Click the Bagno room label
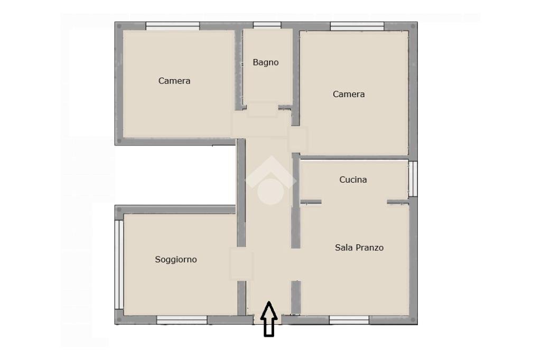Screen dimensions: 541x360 pyautogui.click(x=265, y=62)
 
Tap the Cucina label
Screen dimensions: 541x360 pyautogui.click(x=353, y=179)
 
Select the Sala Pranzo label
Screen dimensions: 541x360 pyautogui.click(x=359, y=248)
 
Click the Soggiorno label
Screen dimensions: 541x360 pyautogui.click(x=175, y=260)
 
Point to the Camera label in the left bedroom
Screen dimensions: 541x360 pyautogui.click(x=174, y=81)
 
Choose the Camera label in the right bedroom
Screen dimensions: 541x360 pyautogui.click(x=349, y=94)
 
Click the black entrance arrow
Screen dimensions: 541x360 pyautogui.click(x=269, y=319)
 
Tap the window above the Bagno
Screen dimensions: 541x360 pyautogui.click(x=267, y=25)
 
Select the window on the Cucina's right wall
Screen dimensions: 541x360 pyautogui.click(x=413, y=179)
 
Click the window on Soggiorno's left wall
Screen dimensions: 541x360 pyautogui.click(x=119, y=264)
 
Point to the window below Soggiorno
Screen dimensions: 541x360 pyautogui.click(x=182, y=320)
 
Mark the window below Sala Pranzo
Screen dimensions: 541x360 pyautogui.click(x=349, y=320)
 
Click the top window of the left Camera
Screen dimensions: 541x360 pyautogui.click(x=173, y=26)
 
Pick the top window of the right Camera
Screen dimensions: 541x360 pyautogui.click(x=357, y=26)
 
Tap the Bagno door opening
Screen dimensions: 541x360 pyautogui.click(x=263, y=109)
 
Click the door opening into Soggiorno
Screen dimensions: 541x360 pyautogui.click(x=241, y=263)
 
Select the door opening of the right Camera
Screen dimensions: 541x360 pyautogui.click(x=298, y=140)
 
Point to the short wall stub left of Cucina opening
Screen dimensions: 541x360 pyautogui.click(x=311, y=202)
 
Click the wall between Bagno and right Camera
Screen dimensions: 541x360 pyautogui.click(x=296, y=77)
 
